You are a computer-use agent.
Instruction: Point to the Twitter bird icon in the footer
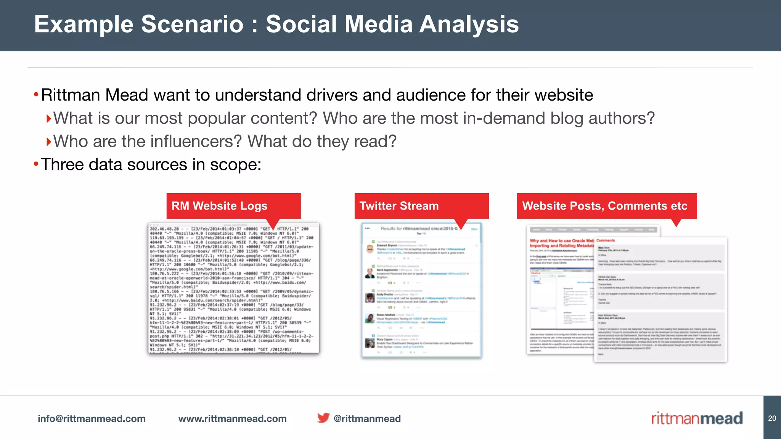pyautogui.click(x=323, y=418)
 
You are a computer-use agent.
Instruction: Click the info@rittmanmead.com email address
pyautogui.click(x=92, y=418)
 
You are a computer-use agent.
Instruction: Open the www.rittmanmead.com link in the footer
pyautogui.click(x=232, y=418)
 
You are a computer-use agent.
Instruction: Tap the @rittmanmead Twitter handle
pyautogui.click(x=367, y=418)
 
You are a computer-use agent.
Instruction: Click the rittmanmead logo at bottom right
pyautogui.click(x=697, y=418)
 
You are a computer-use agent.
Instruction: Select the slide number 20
pyautogui.click(x=772, y=418)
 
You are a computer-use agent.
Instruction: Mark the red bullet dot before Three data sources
pyautogui.click(x=36, y=164)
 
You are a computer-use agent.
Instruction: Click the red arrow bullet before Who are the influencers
pyautogui.click(x=48, y=142)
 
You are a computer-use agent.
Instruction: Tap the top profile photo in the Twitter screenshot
pyautogui.click(x=370, y=249)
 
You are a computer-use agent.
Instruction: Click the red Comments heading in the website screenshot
pyautogui.click(x=606, y=240)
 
